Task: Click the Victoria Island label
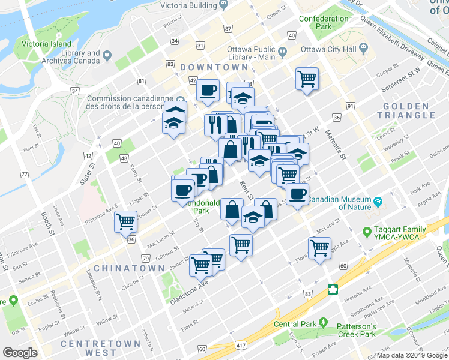coord(46,44)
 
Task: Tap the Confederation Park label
coord(324,23)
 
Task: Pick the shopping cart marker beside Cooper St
coord(307,77)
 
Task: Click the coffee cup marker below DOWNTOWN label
coord(208,90)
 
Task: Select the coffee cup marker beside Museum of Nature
coord(297,193)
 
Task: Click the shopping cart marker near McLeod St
coord(319,247)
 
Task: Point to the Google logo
coord(20,353)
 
